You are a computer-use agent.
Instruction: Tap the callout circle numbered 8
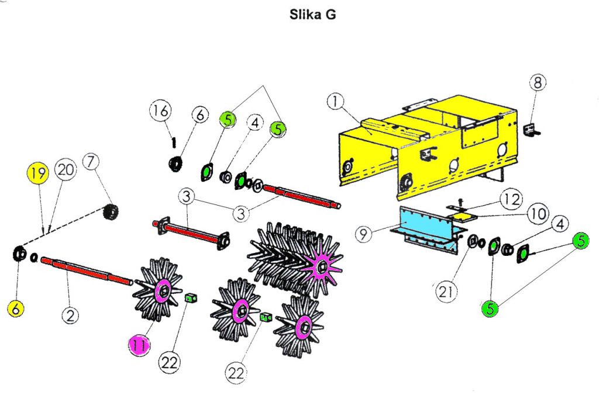538,82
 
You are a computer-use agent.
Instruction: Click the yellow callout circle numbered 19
38,173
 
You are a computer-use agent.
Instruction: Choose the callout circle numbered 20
65,170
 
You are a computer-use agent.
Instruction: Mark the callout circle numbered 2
70,316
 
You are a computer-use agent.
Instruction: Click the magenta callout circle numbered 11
139,345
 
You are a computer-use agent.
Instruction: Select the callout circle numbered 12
511,200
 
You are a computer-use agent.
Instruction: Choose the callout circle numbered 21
446,291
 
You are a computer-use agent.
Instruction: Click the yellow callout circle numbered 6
16,308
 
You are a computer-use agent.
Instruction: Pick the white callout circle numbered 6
199,116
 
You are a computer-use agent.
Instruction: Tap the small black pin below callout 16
173,141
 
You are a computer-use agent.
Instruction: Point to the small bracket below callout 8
532,131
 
